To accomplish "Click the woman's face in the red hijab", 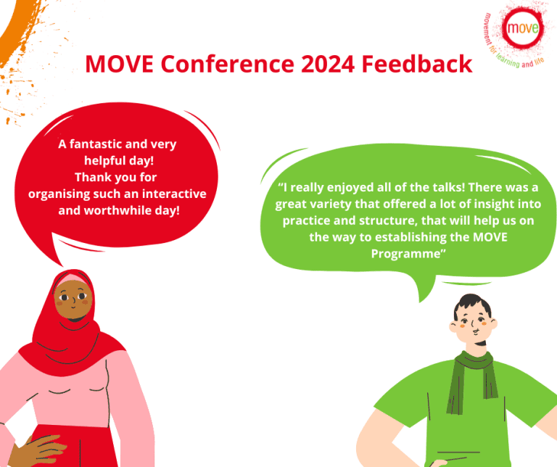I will pos(71,299).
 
